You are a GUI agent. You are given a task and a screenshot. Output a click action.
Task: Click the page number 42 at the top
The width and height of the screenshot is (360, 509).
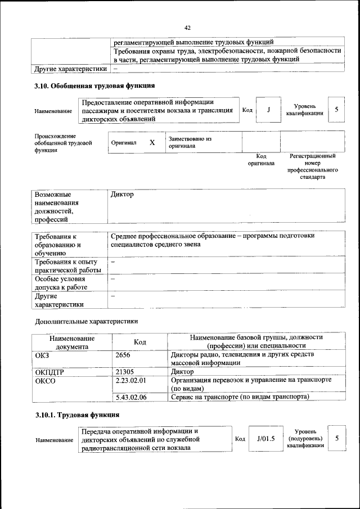point(188,26)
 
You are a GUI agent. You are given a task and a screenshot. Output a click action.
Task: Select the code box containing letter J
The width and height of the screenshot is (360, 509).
point(269,110)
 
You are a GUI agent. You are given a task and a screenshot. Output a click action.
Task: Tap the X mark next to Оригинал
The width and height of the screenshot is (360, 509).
point(152,143)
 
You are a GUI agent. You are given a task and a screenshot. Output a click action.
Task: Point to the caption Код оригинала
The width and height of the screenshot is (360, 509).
point(261,160)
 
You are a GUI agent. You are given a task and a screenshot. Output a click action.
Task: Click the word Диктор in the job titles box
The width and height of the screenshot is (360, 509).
point(123,195)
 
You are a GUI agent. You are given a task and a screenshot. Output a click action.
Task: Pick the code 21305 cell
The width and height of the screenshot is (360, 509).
point(125,372)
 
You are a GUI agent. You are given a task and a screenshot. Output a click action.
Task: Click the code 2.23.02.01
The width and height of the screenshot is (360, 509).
point(130,380)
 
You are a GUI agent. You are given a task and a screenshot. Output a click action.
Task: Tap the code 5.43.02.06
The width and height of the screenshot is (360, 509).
point(130,397)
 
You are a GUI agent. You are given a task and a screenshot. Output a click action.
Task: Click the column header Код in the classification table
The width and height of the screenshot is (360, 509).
point(139,342)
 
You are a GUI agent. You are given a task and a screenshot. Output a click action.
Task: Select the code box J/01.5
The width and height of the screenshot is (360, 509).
point(265,439)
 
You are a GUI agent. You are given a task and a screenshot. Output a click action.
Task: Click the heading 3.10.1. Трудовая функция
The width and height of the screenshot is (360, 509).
point(74,415)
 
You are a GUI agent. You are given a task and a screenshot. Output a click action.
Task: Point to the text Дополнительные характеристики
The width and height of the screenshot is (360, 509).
point(86,322)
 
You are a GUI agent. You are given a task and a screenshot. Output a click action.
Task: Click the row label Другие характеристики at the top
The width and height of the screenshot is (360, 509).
point(70,69)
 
